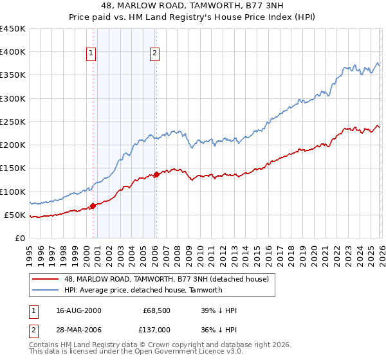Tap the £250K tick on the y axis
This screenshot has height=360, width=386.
[x=12, y=122]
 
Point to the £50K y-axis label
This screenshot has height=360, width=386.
[x=14, y=215]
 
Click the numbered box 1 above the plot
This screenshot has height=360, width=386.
[x=91, y=54]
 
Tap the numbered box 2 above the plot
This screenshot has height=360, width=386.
[x=155, y=54]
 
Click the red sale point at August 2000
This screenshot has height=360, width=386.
[x=93, y=206]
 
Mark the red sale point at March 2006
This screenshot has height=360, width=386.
[x=156, y=174]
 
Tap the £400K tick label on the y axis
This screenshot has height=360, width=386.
[x=12, y=52]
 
